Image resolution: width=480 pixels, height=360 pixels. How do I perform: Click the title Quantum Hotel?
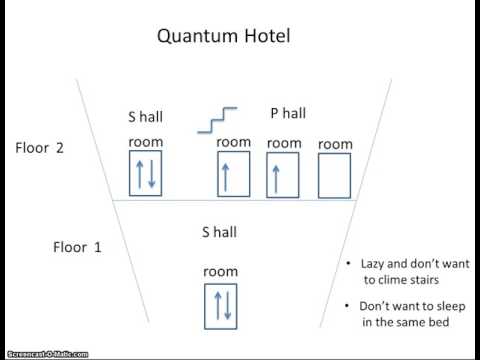coord(223,38)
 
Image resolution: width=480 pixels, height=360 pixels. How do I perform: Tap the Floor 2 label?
coord(40,148)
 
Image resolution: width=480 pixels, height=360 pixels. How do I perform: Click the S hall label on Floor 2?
coord(146,117)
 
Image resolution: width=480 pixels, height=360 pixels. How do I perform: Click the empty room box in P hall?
coord(335,174)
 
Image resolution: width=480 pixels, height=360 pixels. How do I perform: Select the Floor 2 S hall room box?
coord(146,174)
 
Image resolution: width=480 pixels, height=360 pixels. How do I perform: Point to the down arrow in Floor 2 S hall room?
coord(153,174)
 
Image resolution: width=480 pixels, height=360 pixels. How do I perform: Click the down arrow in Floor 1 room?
coord(228,304)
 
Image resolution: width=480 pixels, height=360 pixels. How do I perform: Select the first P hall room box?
coord(234,174)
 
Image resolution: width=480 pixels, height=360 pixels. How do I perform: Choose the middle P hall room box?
coord(283,174)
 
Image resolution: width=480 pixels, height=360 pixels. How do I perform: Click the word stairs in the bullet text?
coord(449,280)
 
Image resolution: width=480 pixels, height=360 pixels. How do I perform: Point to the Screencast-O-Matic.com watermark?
coord(45,354)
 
